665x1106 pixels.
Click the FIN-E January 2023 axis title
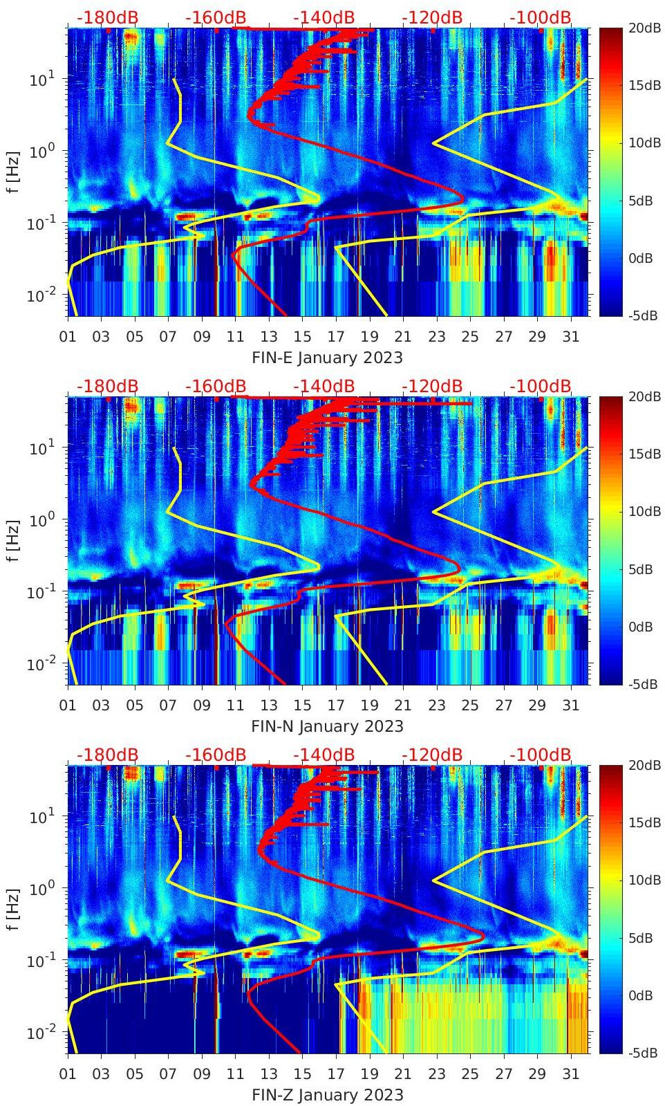tap(327, 358)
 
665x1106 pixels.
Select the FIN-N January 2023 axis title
tap(327, 726)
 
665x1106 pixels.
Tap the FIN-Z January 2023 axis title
tap(327, 1095)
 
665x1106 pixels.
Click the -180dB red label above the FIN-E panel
tap(107, 17)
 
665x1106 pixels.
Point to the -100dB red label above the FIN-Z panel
tap(541, 755)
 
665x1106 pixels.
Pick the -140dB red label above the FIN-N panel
tap(324, 386)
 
